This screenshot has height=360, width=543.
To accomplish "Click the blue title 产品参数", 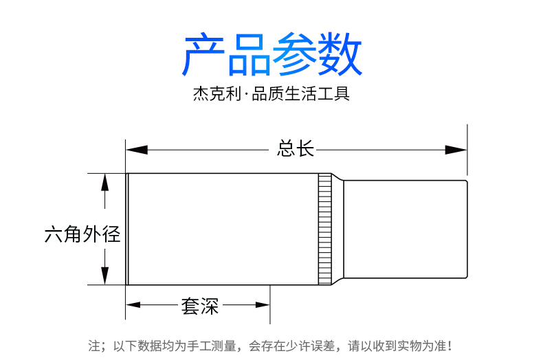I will coord(271,55).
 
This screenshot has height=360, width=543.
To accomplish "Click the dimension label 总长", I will coord(296,149).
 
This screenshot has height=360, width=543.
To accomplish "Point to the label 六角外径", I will coord(82,235).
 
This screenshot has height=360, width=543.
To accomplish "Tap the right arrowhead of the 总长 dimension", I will coord(456,149).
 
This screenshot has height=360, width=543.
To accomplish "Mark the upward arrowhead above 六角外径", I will coord(104,182).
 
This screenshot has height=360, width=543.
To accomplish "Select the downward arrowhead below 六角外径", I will coord(104,275).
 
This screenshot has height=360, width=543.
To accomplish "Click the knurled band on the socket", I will coord(324,229).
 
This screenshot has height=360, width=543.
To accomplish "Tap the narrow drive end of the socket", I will coord(406,229).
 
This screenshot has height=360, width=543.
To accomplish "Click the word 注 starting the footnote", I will coord(94,346).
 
